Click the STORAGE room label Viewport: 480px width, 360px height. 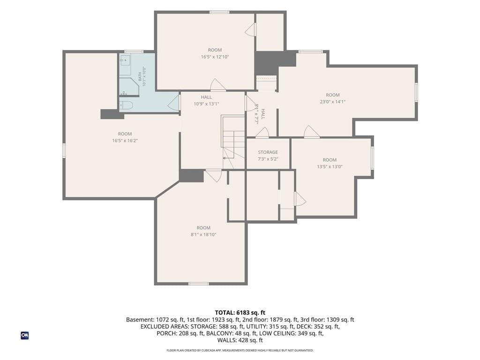268,152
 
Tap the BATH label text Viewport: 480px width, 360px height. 140,76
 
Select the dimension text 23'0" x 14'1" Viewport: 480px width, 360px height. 333,102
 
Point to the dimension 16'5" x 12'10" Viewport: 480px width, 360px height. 215,57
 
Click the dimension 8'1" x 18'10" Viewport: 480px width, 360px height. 203,234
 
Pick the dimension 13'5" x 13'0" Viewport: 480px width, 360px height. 330,166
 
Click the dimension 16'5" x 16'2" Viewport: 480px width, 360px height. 125,141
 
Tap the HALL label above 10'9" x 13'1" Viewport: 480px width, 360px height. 206,97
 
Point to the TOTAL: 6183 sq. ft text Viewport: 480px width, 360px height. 240,313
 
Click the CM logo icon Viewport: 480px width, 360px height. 25,336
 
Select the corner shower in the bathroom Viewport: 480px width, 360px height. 128,87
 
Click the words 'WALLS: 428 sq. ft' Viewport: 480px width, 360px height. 240,340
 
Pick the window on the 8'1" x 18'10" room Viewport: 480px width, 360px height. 199,284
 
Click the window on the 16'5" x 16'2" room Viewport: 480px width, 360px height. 64,150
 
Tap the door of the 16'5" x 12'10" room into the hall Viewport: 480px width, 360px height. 218,85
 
